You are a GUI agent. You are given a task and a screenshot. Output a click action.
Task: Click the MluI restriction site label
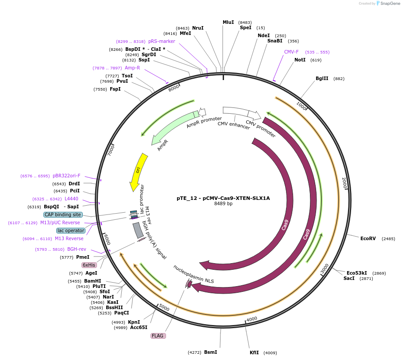tap(228, 22)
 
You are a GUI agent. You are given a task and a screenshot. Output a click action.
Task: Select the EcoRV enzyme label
tap(368, 238)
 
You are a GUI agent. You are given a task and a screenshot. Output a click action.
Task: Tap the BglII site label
tap(322, 78)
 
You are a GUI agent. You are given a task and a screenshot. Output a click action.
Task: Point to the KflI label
tap(254, 352)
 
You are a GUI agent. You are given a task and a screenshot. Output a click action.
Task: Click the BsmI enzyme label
tap(210, 352)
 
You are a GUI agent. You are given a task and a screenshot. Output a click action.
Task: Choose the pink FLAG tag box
tap(158, 336)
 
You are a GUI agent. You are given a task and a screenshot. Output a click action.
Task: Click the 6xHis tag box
tap(89, 265)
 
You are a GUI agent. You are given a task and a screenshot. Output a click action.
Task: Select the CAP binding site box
tap(63, 214)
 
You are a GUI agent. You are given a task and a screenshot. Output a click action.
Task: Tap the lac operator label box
tap(71, 230)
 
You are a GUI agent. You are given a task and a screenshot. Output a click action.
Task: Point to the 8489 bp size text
tap(223, 204)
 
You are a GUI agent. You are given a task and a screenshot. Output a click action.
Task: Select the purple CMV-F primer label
tap(291, 52)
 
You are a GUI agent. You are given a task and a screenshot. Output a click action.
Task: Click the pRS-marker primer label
tap(162, 41)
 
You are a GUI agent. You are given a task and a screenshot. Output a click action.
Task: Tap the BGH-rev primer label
tap(77, 249)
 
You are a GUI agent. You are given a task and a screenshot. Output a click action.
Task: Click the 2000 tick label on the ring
tap(344, 183)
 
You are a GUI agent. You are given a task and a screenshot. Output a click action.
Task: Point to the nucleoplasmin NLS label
tap(193, 275)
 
